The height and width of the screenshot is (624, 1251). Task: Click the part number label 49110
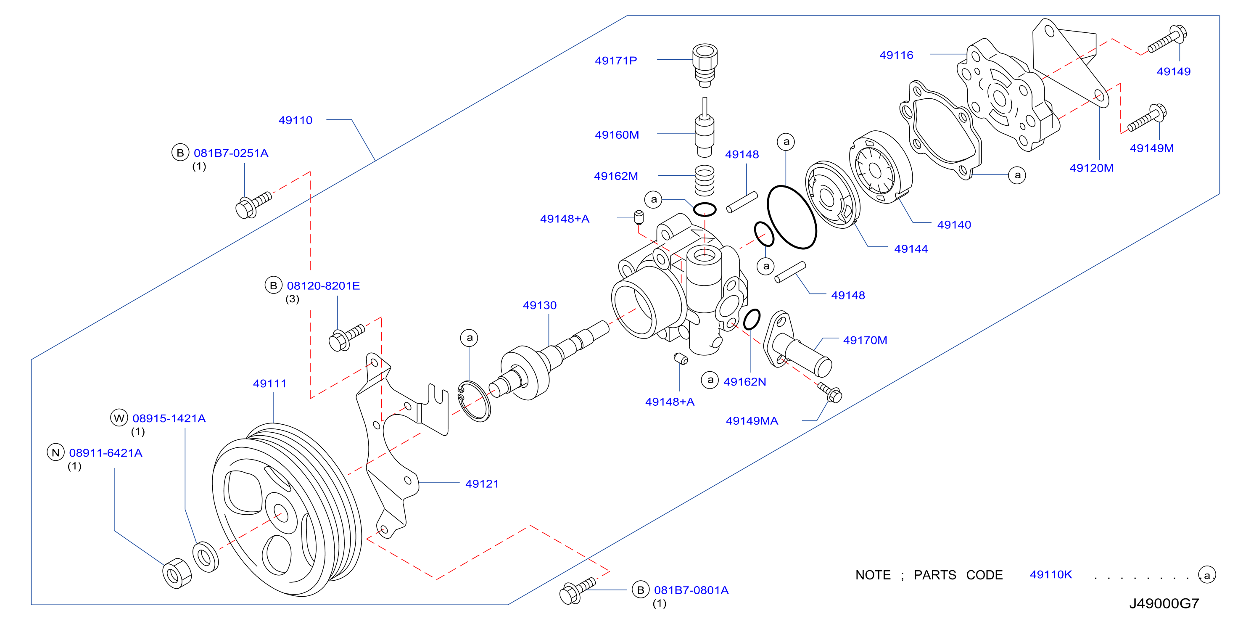295,120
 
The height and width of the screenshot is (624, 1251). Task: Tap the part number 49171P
616,60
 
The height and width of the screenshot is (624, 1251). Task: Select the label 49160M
617,135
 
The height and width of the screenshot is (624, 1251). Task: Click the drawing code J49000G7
1164,603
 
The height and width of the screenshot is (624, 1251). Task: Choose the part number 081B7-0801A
691,590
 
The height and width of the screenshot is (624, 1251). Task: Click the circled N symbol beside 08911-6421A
56,452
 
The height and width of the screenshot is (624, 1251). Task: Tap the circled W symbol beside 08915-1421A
119,418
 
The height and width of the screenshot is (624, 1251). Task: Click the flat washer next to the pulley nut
206,558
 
